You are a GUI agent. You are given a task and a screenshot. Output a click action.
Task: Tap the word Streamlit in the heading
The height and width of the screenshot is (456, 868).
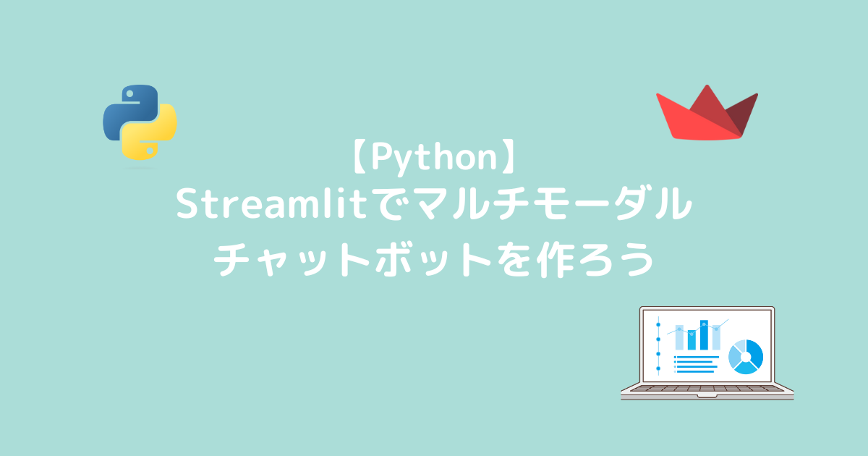(x=272, y=203)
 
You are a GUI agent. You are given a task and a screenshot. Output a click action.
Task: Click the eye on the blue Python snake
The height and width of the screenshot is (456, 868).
(x=129, y=94)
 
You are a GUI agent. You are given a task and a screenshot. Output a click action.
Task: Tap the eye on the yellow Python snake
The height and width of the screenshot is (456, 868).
(x=150, y=151)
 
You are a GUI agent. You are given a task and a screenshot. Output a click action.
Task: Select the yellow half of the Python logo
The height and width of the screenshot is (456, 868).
(x=150, y=132)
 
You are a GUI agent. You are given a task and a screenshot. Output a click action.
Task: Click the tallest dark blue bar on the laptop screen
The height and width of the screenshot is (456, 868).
(x=704, y=334)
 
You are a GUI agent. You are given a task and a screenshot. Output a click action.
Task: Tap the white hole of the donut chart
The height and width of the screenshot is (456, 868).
(x=746, y=357)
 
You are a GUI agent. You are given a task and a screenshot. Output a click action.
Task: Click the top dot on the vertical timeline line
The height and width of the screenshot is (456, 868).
(x=658, y=324)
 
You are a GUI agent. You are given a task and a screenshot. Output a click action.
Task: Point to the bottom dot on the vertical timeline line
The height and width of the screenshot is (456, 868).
(x=658, y=368)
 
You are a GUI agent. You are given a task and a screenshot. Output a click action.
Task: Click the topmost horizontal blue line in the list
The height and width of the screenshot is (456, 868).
(x=697, y=357)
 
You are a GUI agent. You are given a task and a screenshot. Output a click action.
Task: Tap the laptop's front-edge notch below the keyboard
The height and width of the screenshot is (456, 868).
(x=707, y=397)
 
